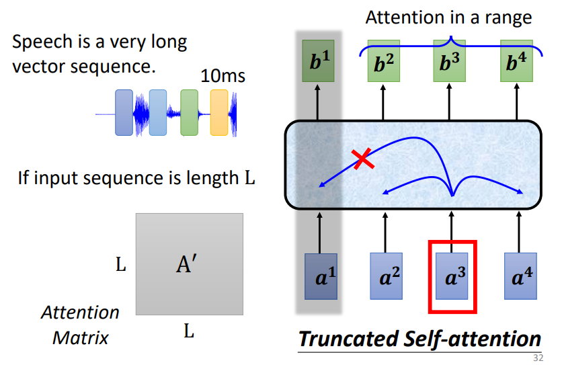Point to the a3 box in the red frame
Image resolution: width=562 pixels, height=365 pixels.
[x=452, y=276]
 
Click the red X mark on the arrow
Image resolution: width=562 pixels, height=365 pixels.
[x=362, y=159]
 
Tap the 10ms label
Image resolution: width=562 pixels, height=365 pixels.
[x=223, y=76]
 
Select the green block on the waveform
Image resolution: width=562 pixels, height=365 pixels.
[x=190, y=113]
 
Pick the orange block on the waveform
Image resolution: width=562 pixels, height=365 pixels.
[x=220, y=113]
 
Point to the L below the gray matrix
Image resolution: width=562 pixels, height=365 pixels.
[x=189, y=330]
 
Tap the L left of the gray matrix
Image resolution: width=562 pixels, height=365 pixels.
[x=121, y=265]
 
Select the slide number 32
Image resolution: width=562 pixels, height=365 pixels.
[x=538, y=358]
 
